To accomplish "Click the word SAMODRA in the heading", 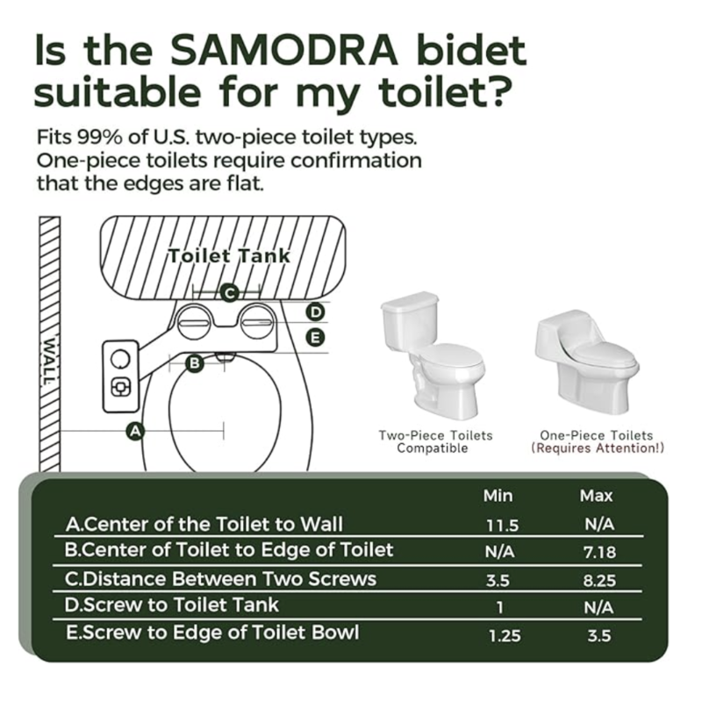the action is coord(284,50).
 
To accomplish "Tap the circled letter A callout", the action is coord(135,432).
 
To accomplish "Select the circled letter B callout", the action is coord(195,362).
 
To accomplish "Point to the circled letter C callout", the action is coord(230,294).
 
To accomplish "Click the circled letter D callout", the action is coord(316,312).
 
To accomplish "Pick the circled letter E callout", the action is coord(316,337).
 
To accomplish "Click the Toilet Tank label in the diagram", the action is coord(229,256).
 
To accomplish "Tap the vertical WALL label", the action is coord(48,361).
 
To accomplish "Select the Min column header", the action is coord(498,496).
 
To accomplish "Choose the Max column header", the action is coord(596,496).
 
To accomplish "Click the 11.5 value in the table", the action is coord(502,525).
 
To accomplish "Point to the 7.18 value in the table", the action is coord(599,553).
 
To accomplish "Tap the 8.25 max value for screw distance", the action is coord(599,581).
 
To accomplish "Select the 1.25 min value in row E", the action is coord(505,635).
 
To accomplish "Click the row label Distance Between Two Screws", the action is coord(221,579).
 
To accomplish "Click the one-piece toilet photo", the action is coord(587,362).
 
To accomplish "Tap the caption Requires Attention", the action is coord(598,448).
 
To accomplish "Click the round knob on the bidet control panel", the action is coord(120,359).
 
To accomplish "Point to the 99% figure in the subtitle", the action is coord(101,137).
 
